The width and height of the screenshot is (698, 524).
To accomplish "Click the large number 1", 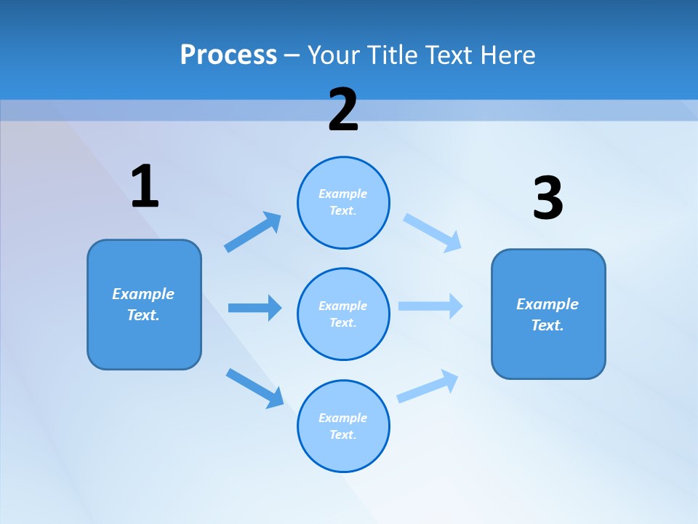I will point(145,187).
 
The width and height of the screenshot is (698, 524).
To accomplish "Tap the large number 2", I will point(343,110).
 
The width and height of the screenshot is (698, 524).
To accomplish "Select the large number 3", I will point(547,199).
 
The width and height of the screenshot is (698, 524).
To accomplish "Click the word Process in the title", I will point(228,55).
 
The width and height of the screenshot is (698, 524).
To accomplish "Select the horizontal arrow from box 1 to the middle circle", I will point(254,308).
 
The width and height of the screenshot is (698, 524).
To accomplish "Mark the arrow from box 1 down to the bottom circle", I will point(254,388).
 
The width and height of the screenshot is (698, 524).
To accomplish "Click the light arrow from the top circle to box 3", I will point(433,232).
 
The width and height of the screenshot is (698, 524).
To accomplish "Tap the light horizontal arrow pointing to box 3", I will point(430,306).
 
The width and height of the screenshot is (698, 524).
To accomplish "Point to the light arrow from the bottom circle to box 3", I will point(428,386).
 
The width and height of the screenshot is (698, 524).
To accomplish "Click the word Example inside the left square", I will point(143,294).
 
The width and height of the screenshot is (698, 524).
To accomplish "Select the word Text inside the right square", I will point(546,325).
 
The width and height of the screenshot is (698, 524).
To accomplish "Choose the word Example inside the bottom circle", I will point(342,418).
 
